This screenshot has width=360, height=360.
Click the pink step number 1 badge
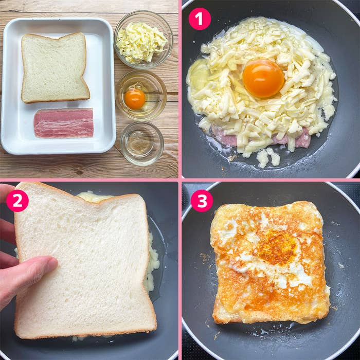[200, 19]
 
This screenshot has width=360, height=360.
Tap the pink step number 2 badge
[17, 201]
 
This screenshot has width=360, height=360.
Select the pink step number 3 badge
[201, 201]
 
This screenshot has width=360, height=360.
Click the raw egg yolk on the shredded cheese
[263, 78]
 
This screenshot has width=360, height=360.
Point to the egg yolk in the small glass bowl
[135, 99]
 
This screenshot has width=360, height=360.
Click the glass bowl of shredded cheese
[142, 40]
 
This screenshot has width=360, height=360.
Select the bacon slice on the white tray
[63, 123]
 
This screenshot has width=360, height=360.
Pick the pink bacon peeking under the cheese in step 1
[301, 139]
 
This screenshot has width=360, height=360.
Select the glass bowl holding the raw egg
[140, 95]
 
